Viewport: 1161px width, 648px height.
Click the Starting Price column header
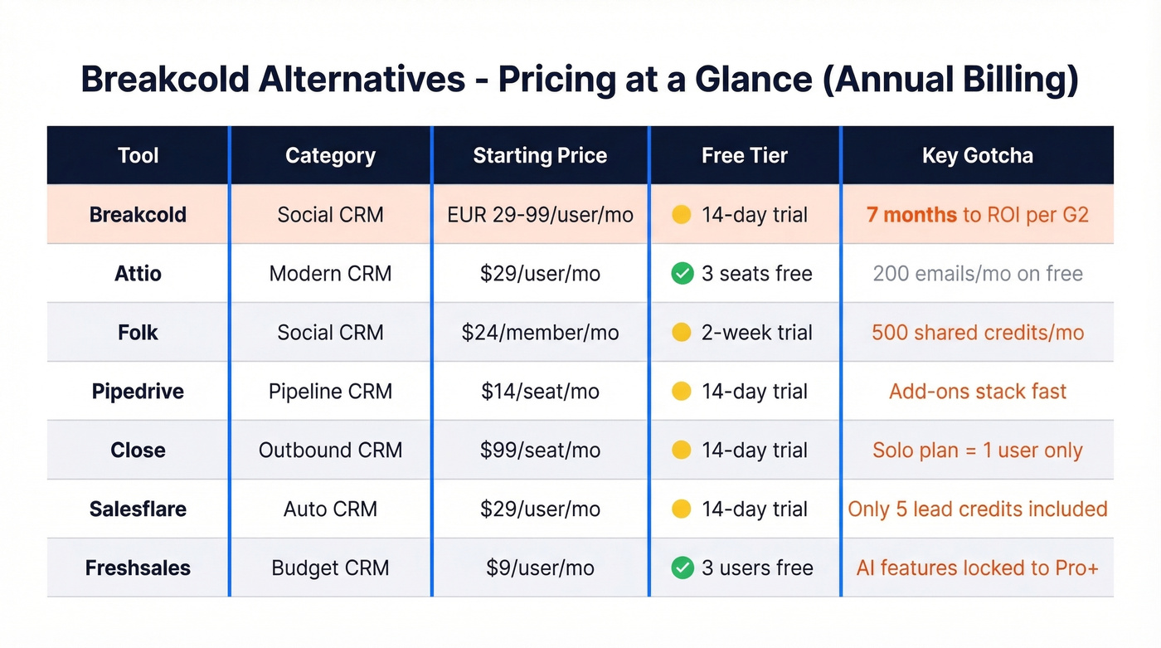[540, 156]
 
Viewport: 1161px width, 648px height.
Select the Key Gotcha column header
[977, 156]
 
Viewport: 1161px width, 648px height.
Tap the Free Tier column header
[744, 156]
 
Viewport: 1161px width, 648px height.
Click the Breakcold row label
[138, 215]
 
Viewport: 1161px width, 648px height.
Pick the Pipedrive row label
[138, 392]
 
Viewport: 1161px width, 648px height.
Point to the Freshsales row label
[138, 568]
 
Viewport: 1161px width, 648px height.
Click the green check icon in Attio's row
[682, 274]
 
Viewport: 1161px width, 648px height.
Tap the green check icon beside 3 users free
[682, 568]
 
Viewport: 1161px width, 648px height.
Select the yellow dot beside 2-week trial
[682, 333]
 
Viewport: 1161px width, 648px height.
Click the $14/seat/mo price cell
[540, 392]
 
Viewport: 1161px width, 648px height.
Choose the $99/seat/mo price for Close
[540, 451]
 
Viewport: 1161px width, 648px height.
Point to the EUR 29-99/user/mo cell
[540, 215]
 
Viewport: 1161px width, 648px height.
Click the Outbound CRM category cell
[330, 451]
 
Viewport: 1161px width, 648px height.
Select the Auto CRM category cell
[330, 509]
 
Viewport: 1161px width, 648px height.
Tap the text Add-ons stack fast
[977, 392]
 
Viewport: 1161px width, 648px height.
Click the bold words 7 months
[911, 215]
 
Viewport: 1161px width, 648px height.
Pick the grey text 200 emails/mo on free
[977, 274]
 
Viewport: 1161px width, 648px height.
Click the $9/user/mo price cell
[540, 568]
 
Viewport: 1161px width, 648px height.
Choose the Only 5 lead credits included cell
[977, 509]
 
